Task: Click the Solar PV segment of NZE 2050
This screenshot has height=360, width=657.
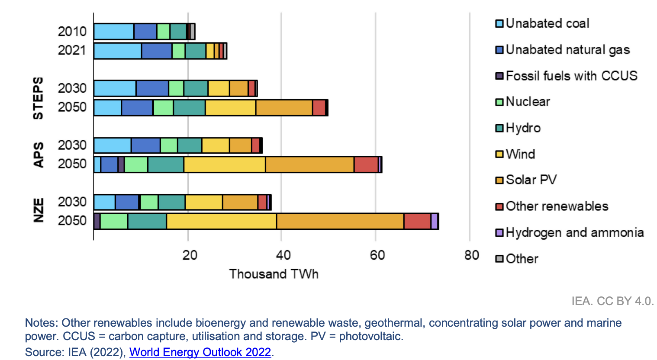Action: point(340,221)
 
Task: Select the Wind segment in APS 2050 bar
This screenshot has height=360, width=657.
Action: point(224,164)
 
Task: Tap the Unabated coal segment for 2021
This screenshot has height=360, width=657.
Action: point(117,51)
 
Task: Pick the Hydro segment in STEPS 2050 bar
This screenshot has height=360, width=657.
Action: point(189,108)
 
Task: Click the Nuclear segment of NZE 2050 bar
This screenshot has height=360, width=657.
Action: point(114,221)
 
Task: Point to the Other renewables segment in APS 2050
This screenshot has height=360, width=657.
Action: point(366,164)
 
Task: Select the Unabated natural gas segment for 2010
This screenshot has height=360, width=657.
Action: point(145,32)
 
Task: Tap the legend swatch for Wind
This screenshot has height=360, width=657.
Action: point(499,154)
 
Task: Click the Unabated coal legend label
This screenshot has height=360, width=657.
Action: point(547,23)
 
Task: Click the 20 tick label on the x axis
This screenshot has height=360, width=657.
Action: point(190,255)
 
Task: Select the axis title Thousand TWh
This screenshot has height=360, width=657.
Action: point(274,274)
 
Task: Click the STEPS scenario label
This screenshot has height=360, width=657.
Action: point(38,98)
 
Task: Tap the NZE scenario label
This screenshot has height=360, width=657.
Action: point(39,210)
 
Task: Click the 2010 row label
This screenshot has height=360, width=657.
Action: point(72,32)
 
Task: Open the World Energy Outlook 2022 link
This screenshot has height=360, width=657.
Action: point(200,352)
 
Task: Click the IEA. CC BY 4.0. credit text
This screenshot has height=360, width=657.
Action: point(612,301)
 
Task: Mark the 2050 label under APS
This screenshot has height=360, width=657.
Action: point(72,164)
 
